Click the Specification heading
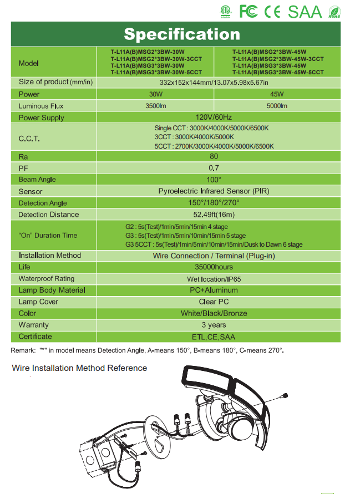pyautogui.click(x=182, y=34)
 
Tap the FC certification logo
pyautogui.click(x=249, y=11)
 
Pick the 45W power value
pyautogui.click(x=277, y=94)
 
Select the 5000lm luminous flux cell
pyautogui.click(x=277, y=106)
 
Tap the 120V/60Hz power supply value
pyautogui.click(x=214, y=118)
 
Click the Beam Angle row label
pyautogui.click(x=37, y=180)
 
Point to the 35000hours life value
pyautogui.click(x=214, y=267)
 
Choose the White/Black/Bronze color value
pyautogui.click(x=214, y=313)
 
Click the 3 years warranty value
pyautogui.click(x=214, y=325)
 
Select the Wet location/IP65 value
pyautogui.click(x=214, y=279)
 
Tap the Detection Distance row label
pyautogui.click(x=49, y=215)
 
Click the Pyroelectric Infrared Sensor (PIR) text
pyautogui.click(x=214, y=191)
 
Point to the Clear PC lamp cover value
pyautogui.click(x=214, y=302)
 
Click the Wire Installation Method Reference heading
pyautogui.click(x=79, y=368)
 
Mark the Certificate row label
pyautogui.click(x=35, y=337)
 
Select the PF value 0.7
pyautogui.click(x=214, y=168)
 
